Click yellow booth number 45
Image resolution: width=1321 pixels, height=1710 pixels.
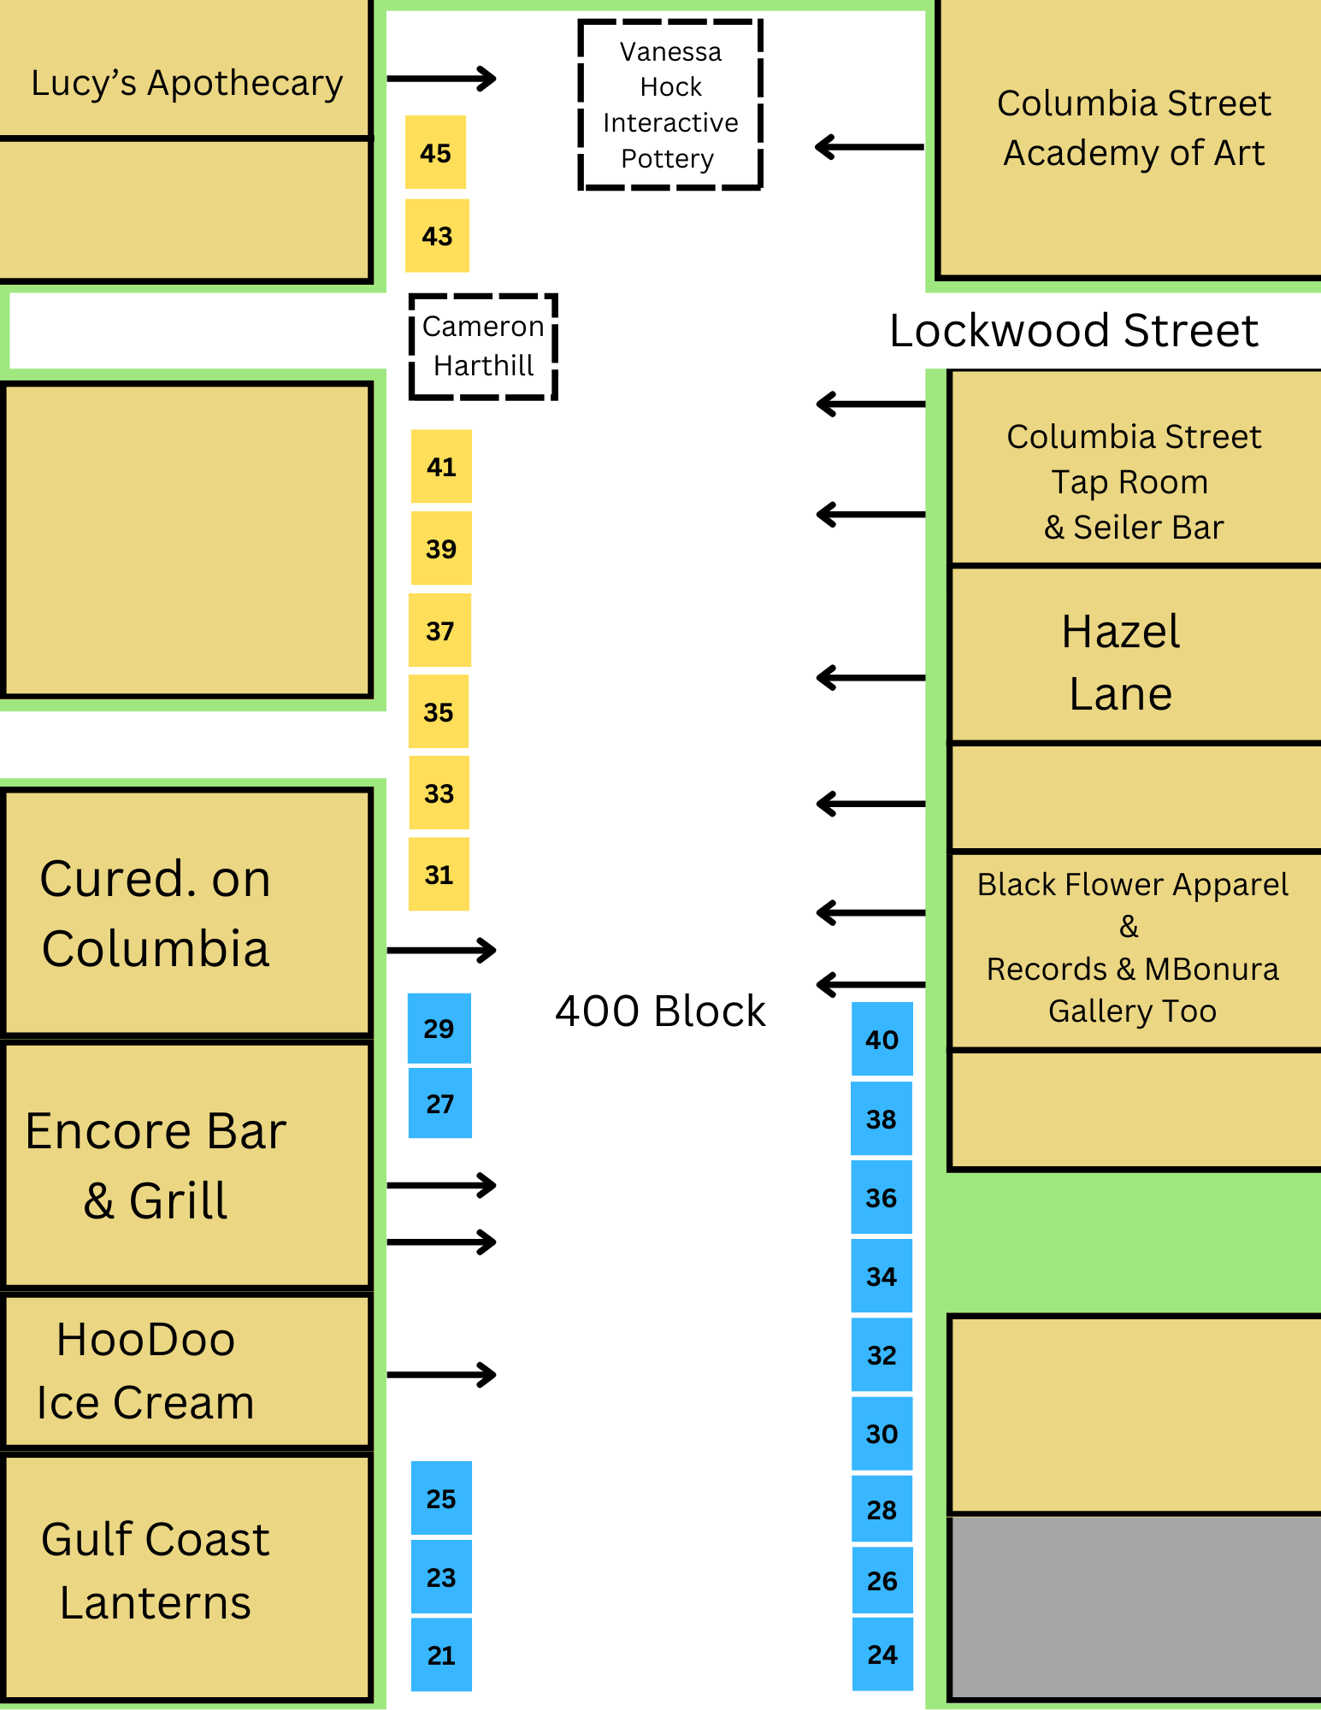(435, 152)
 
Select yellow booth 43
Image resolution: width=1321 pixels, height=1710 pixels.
(437, 235)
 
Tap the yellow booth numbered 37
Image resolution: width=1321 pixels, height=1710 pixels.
(439, 630)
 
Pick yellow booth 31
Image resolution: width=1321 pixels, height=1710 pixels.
(439, 874)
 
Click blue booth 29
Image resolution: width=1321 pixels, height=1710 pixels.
(439, 1028)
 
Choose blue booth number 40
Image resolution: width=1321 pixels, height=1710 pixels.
(882, 1039)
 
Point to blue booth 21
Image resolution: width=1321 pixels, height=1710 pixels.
(441, 1654)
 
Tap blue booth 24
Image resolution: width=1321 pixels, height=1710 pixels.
(882, 1654)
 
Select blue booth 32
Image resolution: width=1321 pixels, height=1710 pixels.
(882, 1354)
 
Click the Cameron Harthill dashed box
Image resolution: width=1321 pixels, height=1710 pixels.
(484, 346)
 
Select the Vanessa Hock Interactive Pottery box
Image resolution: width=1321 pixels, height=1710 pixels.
(670, 104)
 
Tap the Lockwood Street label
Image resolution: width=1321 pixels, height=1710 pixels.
(1074, 330)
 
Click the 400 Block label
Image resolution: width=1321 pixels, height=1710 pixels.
(660, 1011)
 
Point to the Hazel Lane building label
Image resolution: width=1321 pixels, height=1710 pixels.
(1121, 662)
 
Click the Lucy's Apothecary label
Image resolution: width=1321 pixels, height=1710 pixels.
(186, 83)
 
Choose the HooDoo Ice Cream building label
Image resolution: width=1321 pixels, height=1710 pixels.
(145, 1370)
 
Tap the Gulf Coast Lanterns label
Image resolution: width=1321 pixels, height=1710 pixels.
(156, 1570)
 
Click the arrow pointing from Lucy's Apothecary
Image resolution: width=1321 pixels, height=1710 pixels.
(441, 79)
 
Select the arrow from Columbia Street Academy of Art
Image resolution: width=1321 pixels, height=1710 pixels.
(870, 147)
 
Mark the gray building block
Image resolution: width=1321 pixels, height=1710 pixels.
(1135, 1607)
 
